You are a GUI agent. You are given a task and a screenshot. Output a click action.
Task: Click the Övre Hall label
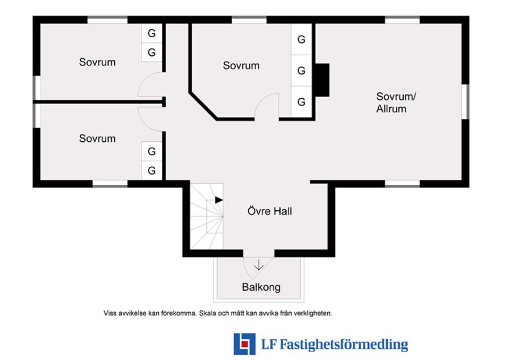pyautogui.click(x=270, y=211)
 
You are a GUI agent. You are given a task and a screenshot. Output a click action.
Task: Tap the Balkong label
pyautogui.click(x=261, y=287)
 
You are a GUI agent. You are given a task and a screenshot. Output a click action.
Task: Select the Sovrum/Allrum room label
pyautogui.click(x=396, y=102)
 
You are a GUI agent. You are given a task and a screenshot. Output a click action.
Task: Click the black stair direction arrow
pyautogui.click(x=219, y=200)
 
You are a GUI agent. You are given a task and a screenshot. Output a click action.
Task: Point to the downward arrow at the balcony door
pyautogui.click(x=259, y=265)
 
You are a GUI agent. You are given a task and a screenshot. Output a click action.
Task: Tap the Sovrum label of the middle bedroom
pyautogui.click(x=241, y=65)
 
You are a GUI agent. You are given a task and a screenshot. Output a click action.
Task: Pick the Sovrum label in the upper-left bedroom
pyautogui.click(x=97, y=62)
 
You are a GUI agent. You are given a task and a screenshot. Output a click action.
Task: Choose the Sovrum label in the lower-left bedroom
pyautogui.click(x=97, y=139)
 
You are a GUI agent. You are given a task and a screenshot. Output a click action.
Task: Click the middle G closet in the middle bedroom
pyautogui.click(x=301, y=70)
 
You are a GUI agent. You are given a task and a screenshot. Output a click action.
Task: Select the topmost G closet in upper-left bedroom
pyautogui.click(x=151, y=33)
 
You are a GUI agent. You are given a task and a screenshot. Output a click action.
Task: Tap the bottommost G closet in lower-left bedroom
pyautogui.click(x=151, y=170)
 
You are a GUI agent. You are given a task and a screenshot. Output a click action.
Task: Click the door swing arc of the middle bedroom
pyautogui.click(x=260, y=101)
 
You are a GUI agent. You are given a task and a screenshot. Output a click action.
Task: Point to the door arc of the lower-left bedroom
pyautogui.click(x=143, y=124)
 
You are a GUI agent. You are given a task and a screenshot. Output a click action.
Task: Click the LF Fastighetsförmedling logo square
pyautogui.click(x=244, y=344)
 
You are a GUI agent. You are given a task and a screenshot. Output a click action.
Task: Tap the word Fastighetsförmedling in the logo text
pyautogui.click(x=344, y=344)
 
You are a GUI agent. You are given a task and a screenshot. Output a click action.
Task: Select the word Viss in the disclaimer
pyautogui.click(x=110, y=313)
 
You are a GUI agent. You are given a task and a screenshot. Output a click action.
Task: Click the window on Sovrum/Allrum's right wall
pyautogui.click(x=465, y=101)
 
